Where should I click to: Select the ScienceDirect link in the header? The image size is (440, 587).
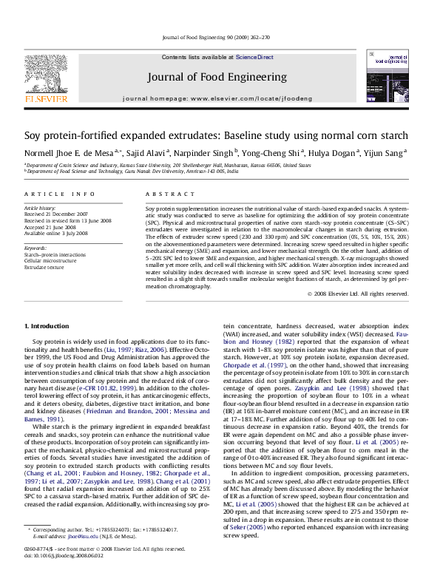click(254, 57)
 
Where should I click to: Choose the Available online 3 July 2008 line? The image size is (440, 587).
click(56, 233)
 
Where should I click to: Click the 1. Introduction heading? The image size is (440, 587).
click(47, 326)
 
